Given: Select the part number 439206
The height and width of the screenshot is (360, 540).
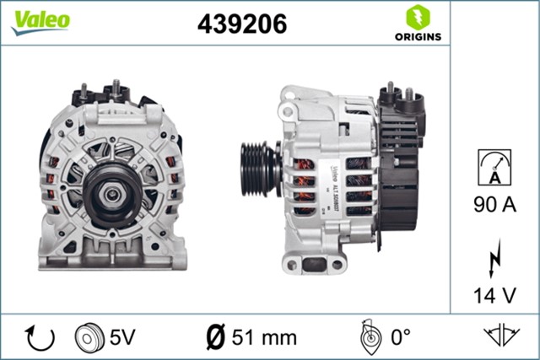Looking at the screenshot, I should tap(241, 24).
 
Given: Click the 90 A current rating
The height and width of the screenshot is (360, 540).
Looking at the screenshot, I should tap(495, 205).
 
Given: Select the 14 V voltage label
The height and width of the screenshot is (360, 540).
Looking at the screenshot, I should tap(495, 296).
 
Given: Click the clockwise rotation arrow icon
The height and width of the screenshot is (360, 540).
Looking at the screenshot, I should tap(40, 337).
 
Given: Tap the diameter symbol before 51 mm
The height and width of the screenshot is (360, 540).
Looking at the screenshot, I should tap(215, 337).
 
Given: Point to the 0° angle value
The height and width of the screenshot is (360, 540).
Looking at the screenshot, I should tap(399, 337).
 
